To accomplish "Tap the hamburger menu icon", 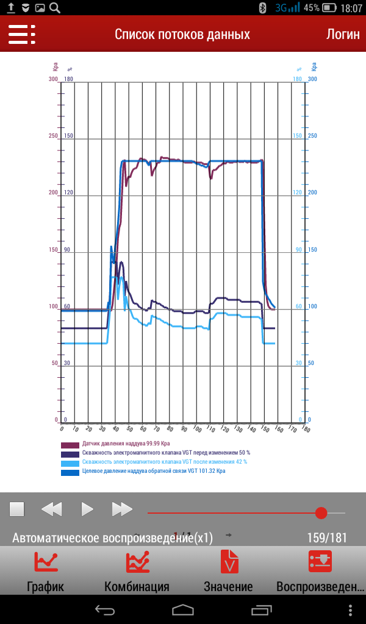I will (21, 34).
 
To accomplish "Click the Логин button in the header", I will (343, 34).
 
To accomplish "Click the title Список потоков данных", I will (182, 34).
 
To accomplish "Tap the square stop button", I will (16, 509).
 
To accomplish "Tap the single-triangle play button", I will (87, 509).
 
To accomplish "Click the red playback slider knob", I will (321, 513).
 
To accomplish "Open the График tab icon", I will (46, 562).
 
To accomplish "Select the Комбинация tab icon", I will (137, 562).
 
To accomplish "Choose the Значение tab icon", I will (229, 562).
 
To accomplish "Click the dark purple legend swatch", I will (70, 454).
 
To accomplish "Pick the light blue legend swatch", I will (70, 463).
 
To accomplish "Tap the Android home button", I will (183, 609).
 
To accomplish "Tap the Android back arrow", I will (104, 609).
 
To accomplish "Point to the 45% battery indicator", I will (320, 8).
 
